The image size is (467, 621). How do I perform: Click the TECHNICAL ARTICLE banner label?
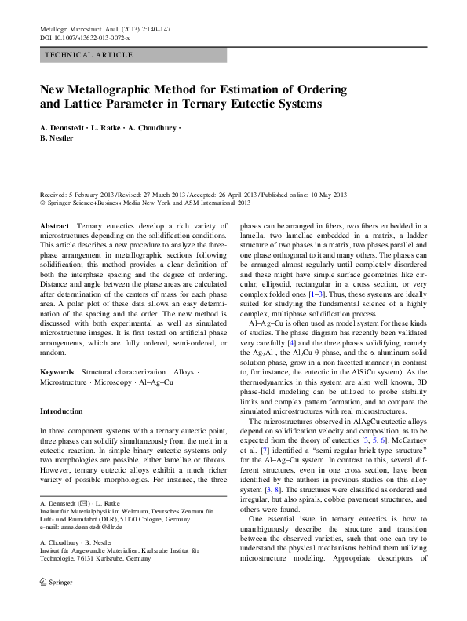tap(89, 55)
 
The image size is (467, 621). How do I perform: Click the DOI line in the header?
tap(85, 38)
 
